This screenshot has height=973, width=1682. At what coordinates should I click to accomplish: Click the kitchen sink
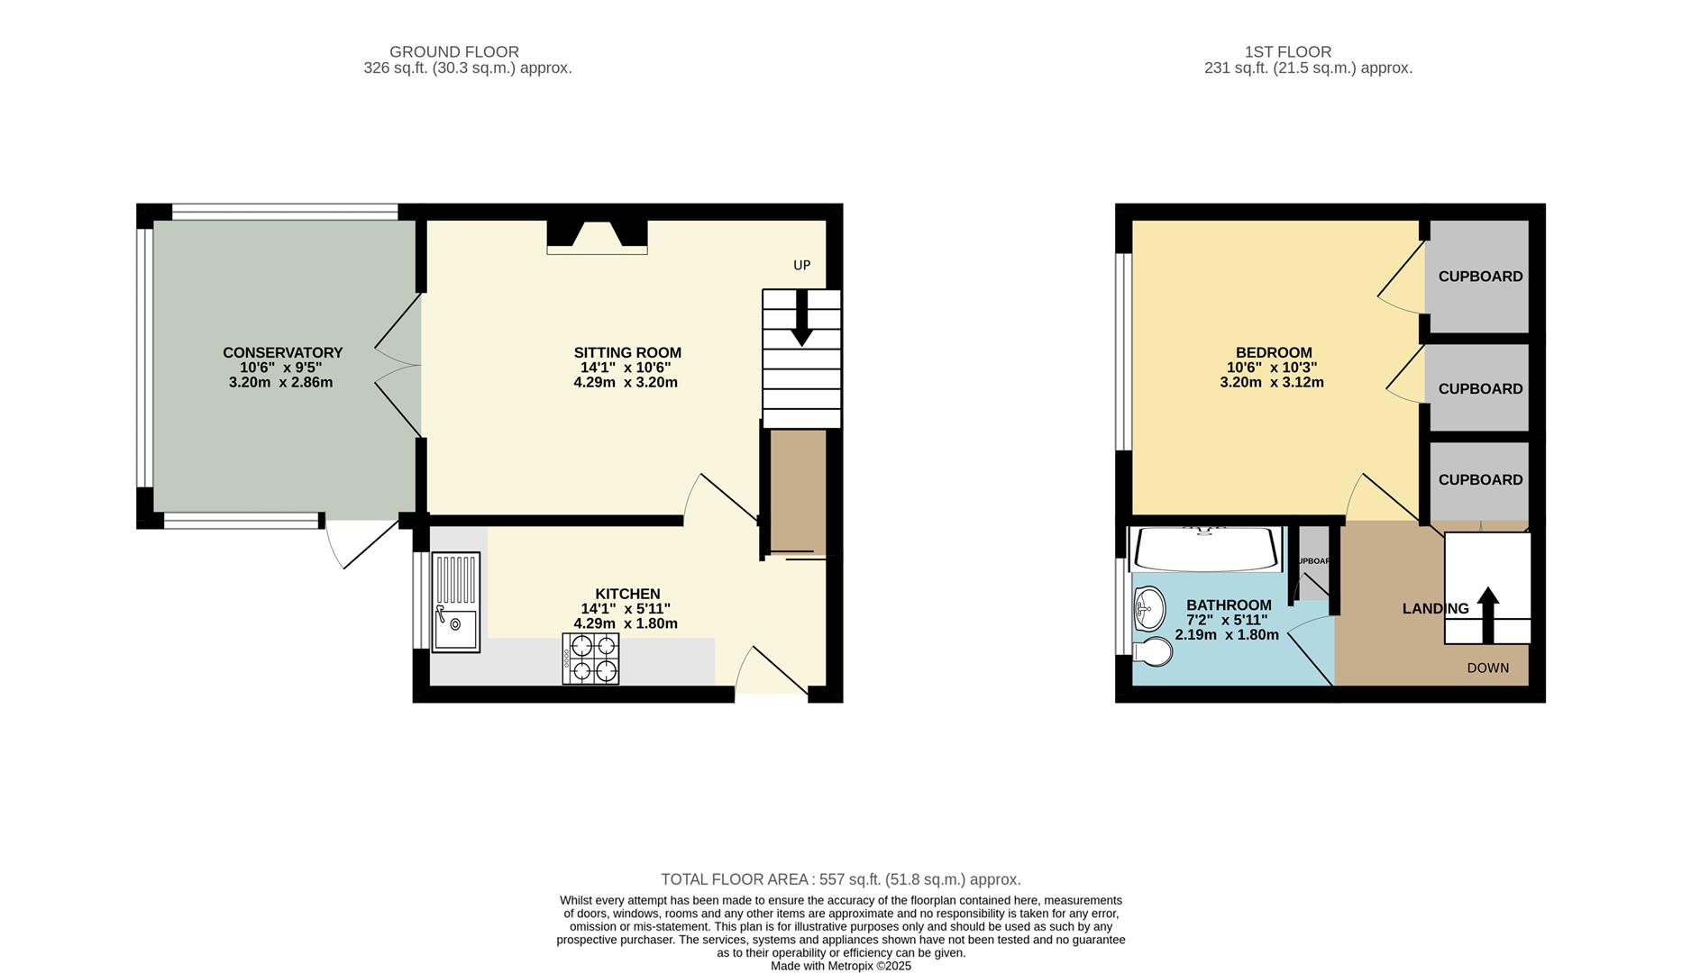[x=455, y=602]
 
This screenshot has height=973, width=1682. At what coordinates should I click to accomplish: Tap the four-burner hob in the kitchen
[x=590, y=659]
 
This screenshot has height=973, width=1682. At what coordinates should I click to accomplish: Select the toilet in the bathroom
[x=1153, y=651]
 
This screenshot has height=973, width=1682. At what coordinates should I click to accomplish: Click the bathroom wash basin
[x=1149, y=609]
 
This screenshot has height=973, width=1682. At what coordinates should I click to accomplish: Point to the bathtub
[x=1205, y=550]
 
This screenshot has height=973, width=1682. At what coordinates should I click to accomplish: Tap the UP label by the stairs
[x=801, y=265]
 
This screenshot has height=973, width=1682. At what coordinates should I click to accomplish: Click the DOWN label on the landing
[x=1487, y=668]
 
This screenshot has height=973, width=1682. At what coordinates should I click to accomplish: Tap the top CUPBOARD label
[x=1480, y=277]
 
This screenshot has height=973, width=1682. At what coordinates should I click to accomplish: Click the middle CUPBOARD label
[x=1480, y=389]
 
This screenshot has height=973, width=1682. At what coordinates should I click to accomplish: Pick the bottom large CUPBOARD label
[x=1480, y=480]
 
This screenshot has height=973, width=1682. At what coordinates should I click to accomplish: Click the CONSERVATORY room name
[x=282, y=352]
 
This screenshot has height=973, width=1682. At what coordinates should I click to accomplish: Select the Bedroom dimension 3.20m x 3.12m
[x=1271, y=382]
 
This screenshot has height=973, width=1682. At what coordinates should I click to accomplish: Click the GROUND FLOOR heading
[x=453, y=52]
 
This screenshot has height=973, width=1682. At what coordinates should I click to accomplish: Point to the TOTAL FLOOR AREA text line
[x=840, y=879]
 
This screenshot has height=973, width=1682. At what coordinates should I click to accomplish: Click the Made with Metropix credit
[x=840, y=966]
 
